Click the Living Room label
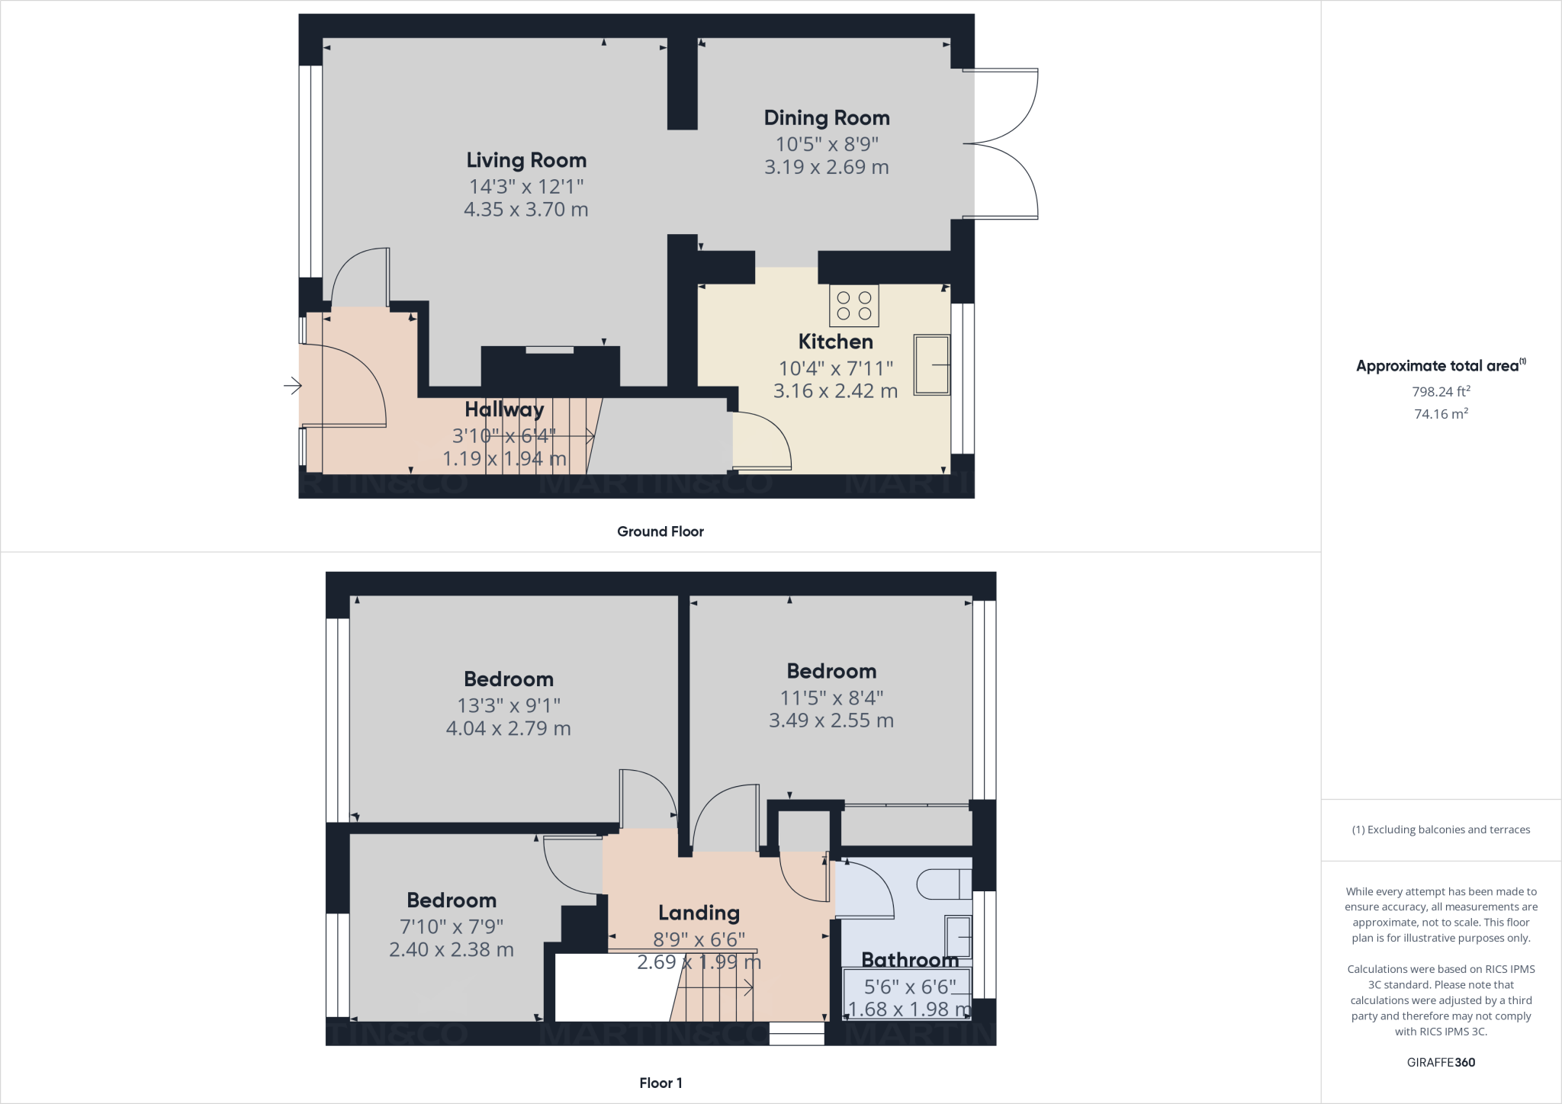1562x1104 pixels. pos(526,160)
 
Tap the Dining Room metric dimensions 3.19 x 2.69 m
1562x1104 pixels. pos(827,167)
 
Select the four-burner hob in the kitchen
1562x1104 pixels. pos(854,306)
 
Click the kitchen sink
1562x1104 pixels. pos(931,364)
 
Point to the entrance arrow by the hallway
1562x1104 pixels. pos(292,387)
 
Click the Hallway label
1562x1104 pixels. pos(504,409)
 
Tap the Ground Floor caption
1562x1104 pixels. pos(660,531)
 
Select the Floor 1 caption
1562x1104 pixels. pos(660,1083)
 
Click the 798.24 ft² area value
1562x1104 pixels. pos(1441,392)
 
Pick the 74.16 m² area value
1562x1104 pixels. pos(1441,414)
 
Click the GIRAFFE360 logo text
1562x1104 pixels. pos(1441,1062)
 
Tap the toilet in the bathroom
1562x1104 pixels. pos(943,884)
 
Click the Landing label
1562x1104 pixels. pos(699,913)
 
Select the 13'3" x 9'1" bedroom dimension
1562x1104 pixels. pos(509,705)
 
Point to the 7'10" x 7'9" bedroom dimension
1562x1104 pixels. pos(452,926)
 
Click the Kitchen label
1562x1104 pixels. pos(835,342)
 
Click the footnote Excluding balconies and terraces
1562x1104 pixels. pos(1441,830)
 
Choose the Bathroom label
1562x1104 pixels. pos(910,960)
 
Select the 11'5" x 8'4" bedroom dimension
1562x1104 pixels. pos(831,698)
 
